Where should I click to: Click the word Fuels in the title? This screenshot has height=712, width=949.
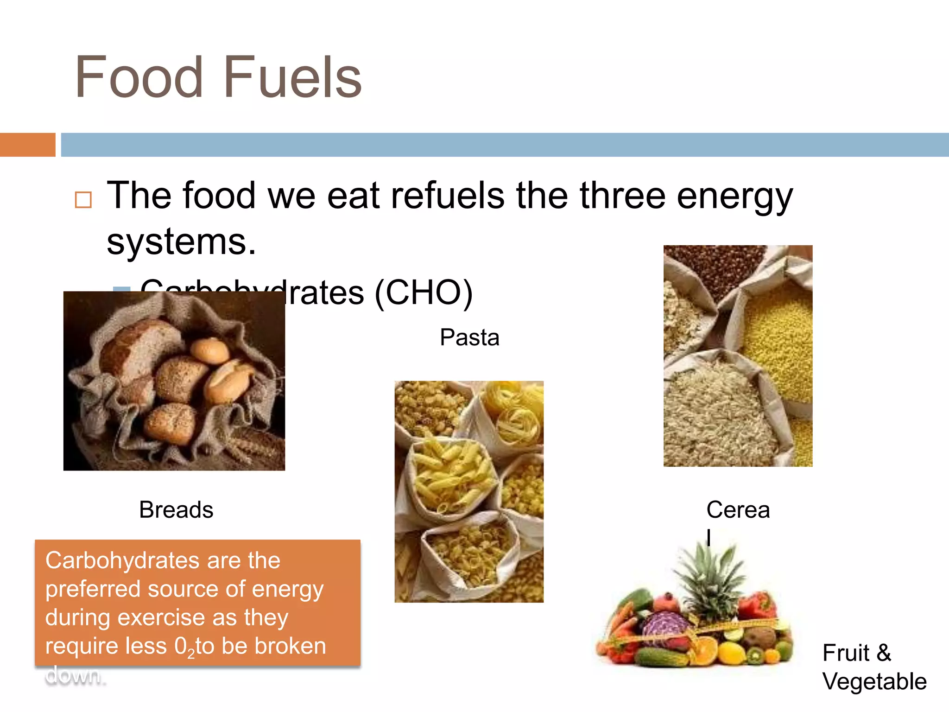click(x=292, y=78)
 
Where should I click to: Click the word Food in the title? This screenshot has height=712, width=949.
click(x=139, y=78)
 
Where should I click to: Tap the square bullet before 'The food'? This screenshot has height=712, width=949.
click(x=83, y=200)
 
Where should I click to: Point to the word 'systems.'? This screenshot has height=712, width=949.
click(x=181, y=242)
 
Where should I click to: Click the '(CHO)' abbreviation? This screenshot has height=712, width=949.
click(x=423, y=293)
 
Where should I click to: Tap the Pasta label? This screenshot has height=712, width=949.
click(x=469, y=337)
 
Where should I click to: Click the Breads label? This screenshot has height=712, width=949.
click(x=176, y=510)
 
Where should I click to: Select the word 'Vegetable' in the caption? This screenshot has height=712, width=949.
click(x=874, y=681)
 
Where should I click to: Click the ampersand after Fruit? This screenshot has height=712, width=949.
click(x=884, y=653)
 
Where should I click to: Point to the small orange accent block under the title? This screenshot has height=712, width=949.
click(x=27, y=145)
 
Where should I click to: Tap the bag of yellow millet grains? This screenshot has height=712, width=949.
click(x=778, y=343)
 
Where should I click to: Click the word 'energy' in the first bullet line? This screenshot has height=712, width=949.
click(x=735, y=196)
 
